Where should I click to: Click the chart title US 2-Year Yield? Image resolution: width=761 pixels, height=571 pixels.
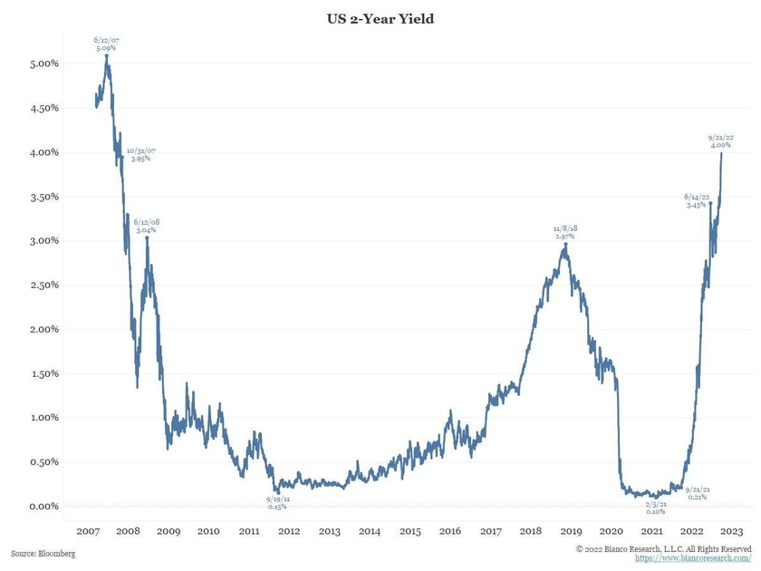point(380,18)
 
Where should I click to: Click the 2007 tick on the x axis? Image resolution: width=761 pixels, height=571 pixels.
point(88,531)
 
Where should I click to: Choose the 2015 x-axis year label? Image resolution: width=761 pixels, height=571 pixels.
point(409,531)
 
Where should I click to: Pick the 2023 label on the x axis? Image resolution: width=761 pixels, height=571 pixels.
point(732,531)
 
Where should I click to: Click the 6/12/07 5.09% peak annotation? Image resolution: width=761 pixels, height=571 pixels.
point(107,44)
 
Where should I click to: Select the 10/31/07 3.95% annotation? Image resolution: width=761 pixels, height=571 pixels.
point(140,155)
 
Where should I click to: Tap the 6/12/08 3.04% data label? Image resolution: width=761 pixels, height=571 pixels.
point(147,226)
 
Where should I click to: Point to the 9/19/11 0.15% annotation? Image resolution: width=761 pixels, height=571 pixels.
point(278,502)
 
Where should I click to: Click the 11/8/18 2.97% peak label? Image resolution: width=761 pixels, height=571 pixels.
point(564,232)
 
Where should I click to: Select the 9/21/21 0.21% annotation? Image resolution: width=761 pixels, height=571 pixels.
point(697,493)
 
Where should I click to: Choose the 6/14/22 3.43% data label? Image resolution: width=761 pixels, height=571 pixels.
point(697,201)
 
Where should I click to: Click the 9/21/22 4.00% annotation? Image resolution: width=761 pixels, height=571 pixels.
point(720,141)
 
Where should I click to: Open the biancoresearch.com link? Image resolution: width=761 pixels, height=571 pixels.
point(693,558)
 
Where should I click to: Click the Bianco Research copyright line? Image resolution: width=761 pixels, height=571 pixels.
point(663,548)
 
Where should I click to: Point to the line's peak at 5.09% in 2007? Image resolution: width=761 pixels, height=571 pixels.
point(107,56)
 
